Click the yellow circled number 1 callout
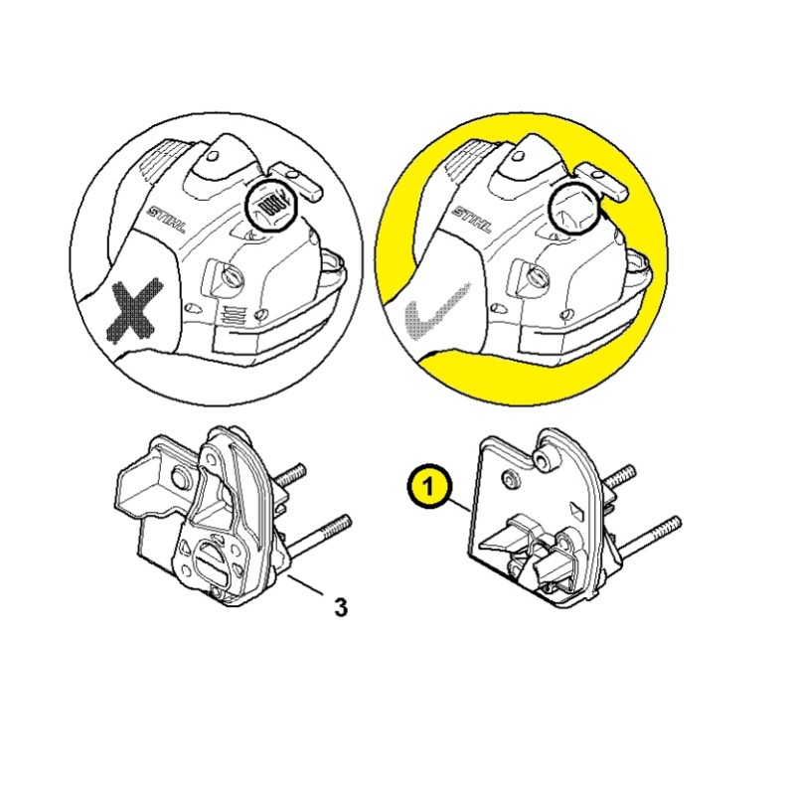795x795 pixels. coord(428,488)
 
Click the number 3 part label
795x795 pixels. coord(341,607)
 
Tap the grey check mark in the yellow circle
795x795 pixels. coord(436,312)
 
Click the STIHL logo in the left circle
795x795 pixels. coord(166,219)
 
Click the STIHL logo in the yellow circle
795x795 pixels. coord(471,219)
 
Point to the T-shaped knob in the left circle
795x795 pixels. coord(297,182)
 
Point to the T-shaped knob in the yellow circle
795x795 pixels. coord(603,182)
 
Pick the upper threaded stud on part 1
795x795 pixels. coord(619,477)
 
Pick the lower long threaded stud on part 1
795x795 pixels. coord(649,538)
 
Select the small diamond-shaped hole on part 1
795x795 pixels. coord(576,509)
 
